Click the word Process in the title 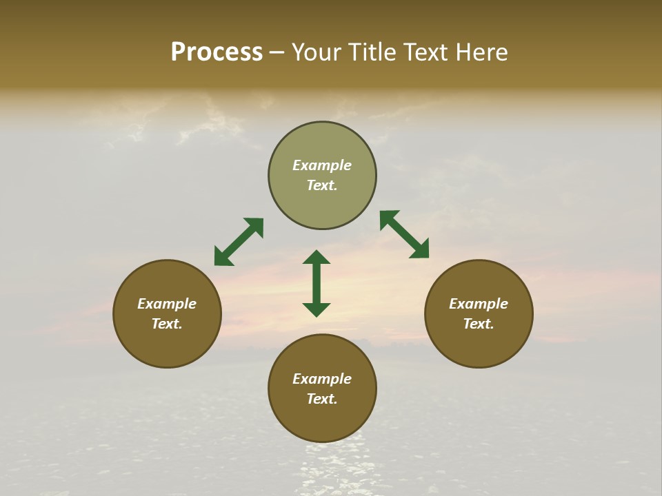(x=217, y=52)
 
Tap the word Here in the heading (x=481, y=52)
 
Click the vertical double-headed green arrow (x=317, y=283)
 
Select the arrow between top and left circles (x=239, y=242)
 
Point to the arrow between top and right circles (x=404, y=235)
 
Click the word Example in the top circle (x=322, y=165)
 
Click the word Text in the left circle (x=167, y=324)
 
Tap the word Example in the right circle (x=479, y=304)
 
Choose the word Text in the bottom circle (x=322, y=399)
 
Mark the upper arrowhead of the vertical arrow (x=317, y=258)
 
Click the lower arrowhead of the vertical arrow (x=317, y=309)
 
